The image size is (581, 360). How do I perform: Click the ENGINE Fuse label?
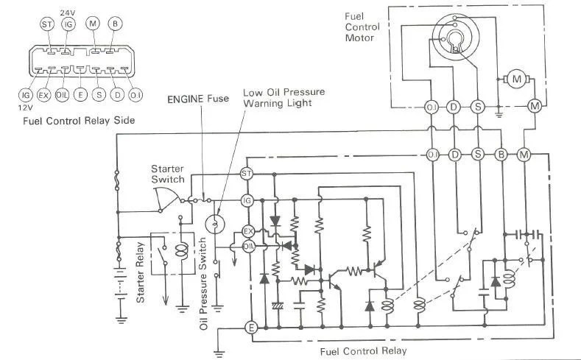click(197, 99)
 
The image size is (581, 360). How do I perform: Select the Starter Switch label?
click(168, 174)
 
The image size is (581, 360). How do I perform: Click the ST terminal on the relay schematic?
click(247, 173)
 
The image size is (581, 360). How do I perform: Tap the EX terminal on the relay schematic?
click(247, 231)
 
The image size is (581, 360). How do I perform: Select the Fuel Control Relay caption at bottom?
click(363, 351)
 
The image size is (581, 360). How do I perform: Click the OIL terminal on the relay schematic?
click(248, 247)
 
